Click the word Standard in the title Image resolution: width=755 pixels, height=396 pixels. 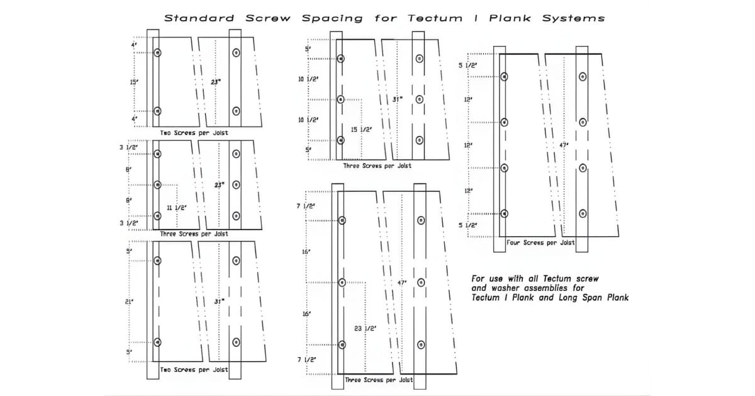coord(199,18)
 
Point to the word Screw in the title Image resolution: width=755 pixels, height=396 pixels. coord(267,18)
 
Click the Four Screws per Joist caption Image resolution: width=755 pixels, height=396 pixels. coord(540,243)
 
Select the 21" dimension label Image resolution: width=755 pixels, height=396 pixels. coord(130,302)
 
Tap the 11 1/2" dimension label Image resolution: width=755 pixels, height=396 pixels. coord(177,207)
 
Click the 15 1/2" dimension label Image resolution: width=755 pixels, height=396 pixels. coord(361,129)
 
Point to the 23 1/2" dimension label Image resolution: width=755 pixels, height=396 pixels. coord(366,329)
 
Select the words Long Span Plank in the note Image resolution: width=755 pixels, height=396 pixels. coord(593,297)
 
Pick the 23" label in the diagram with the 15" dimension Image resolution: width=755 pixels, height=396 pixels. coord(216,81)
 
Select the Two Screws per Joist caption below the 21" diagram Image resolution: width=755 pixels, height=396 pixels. coord(194,370)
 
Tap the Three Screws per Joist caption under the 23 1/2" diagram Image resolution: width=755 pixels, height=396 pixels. coord(379,380)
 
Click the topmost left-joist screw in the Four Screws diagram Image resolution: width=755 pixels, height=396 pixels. coord(504,77)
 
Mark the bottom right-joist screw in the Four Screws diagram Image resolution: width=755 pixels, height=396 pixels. coord(583,213)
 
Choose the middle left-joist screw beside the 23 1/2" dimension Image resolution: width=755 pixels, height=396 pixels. coord(342,282)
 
